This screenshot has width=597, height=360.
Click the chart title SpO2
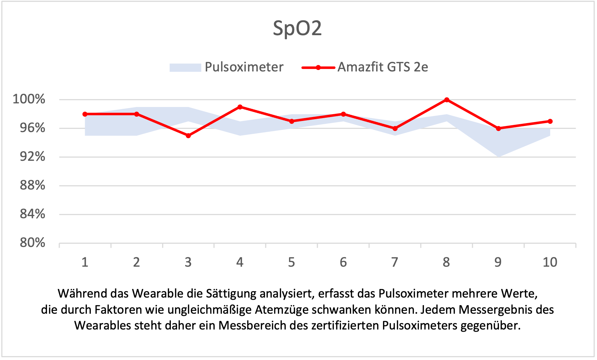coord(297,28)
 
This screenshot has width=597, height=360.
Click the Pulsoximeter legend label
coord(244,67)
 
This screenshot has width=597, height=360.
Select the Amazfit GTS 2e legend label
coord(383,67)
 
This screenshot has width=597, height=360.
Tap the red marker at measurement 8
coord(447,100)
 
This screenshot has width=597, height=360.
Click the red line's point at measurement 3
coord(188,136)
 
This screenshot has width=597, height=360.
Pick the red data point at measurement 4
coord(240,107)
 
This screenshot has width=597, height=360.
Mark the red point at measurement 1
coord(85,114)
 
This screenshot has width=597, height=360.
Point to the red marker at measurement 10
coord(550,121)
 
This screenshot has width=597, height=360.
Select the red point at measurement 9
coord(498,128)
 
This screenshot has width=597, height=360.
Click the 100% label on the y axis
coord(29,99)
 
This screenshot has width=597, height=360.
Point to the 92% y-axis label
coord(32,156)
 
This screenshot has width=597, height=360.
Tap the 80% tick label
coord(32,243)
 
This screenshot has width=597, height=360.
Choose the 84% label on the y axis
coord(32,214)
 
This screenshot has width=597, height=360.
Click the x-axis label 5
coord(291,262)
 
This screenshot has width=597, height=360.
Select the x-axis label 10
coord(550,262)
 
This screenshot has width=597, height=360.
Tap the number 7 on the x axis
coord(395,262)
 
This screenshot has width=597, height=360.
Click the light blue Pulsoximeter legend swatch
coord(185,67)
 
